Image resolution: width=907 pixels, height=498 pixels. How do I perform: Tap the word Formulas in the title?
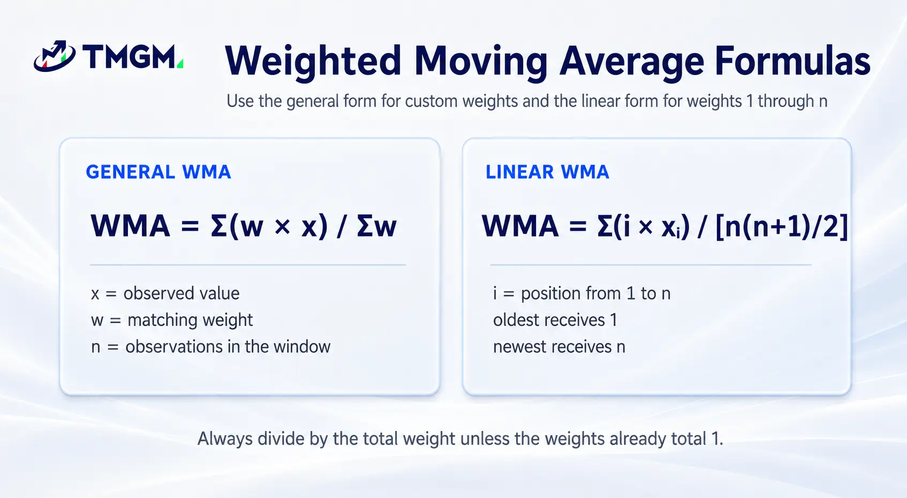click(x=792, y=61)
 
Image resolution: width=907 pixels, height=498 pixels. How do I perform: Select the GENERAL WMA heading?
click(x=158, y=172)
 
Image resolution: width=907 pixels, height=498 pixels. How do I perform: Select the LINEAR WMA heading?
click(x=547, y=172)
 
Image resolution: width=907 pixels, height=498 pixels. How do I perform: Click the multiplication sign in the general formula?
click(x=282, y=226)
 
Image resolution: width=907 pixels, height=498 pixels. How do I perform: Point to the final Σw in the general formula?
click(x=376, y=226)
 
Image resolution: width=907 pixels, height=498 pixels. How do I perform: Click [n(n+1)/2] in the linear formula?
click(x=782, y=227)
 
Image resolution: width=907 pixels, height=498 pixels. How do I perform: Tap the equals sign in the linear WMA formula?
click(x=578, y=226)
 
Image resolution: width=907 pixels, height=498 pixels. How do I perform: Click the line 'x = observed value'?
click(x=165, y=293)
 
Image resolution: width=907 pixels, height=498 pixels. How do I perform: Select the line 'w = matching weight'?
click(x=172, y=321)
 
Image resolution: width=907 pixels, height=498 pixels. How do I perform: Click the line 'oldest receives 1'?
click(x=555, y=320)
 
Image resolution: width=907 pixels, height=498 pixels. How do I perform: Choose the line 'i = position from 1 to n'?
click(x=582, y=293)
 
